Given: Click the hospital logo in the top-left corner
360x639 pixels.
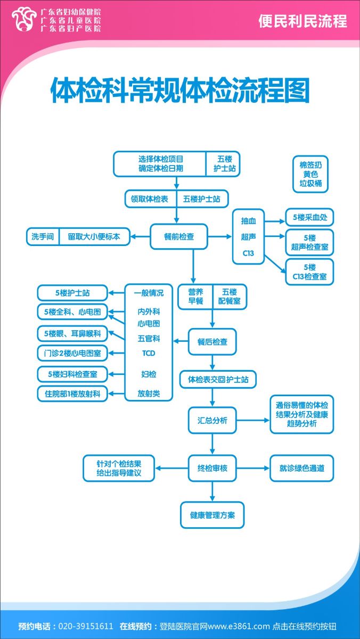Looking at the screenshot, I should (x=22, y=20).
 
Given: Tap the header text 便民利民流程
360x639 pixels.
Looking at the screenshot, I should (x=302, y=21).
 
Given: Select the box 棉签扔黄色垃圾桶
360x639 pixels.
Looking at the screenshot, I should (x=310, y=174).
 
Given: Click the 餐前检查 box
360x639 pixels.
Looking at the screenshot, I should (x=179, y=236).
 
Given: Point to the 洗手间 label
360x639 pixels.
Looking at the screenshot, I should (x=43, y=236).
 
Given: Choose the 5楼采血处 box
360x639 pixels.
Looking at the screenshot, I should (x=309, y=217).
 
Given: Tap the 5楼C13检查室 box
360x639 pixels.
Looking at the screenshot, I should (x=309, y=272).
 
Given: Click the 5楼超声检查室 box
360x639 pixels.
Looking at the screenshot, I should (x=309, y=243).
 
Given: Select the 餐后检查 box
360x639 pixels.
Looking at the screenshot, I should (x=212, y=342).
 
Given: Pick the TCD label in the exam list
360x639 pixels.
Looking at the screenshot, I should (x=149, y=353).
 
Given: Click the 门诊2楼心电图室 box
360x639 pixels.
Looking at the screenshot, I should (x=72, y=353).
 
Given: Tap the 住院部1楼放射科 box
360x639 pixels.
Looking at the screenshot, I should (x=72, y=394).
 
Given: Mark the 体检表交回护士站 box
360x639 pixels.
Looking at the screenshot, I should (x=218, y=380).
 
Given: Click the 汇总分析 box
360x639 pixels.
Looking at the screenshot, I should (x=212, y=421).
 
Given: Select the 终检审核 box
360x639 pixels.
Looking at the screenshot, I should (x=212, y=469).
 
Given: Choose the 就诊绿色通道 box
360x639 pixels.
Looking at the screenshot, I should (x=302, y=469).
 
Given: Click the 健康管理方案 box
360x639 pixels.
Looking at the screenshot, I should (x=212, y=515).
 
